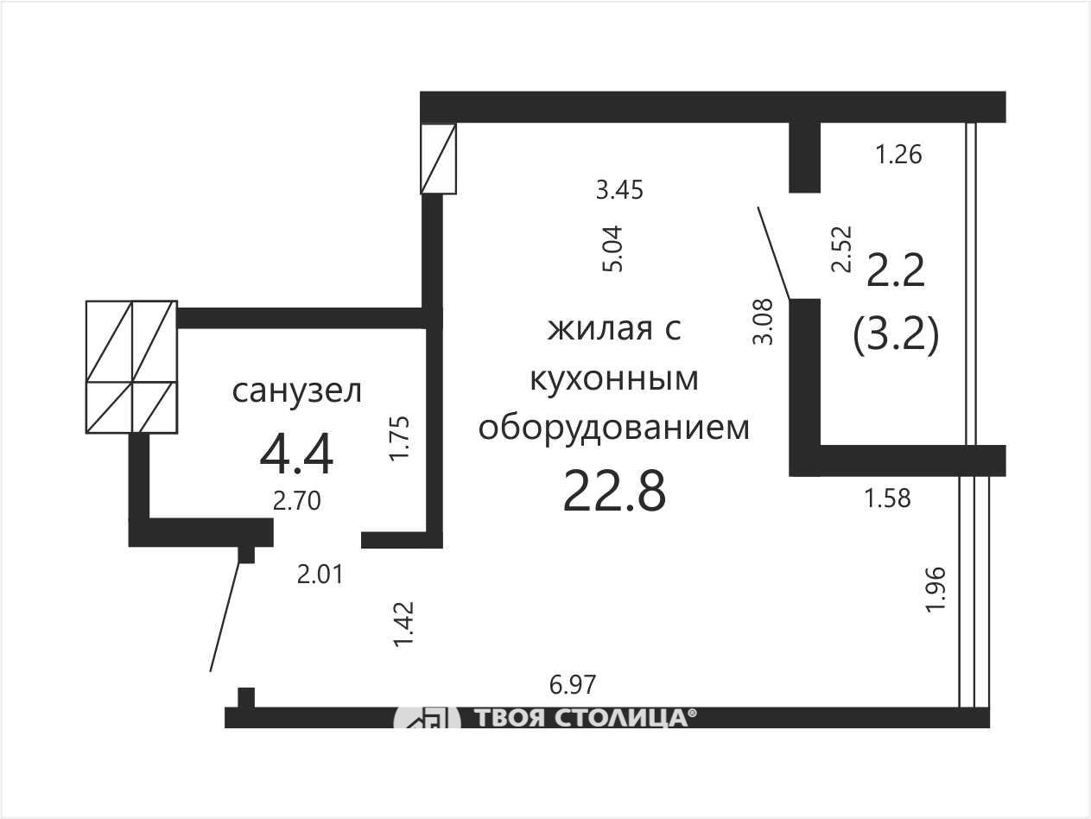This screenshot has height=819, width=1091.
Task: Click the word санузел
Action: click(x=297, y=391)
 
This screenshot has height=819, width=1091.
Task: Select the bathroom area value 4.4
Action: click(x=296, y=454)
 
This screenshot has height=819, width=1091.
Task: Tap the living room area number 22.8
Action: click(x=614, y=492)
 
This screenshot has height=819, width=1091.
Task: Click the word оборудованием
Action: click(x=614, y=429)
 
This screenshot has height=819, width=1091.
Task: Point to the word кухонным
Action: click(x=614, y=378)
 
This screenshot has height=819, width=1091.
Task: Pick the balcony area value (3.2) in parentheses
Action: click(x=896, y=335)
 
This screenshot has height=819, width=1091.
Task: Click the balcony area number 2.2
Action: click(x=896, y=270)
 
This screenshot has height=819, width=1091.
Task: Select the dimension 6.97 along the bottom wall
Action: click(x=572, y=684)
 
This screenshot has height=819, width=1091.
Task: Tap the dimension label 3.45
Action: click(x=620, y=190)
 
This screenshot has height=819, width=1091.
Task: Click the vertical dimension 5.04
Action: click(x=612, y=249)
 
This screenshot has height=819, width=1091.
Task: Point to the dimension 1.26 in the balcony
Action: click(x=898, y=154)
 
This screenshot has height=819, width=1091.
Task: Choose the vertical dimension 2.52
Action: click(x=842, y=249)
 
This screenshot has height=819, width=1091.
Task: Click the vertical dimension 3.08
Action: click(x=763, y=321)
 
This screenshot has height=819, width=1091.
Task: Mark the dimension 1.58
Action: click(x=888, y=498)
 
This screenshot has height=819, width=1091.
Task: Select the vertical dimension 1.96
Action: click(x=936, y=589)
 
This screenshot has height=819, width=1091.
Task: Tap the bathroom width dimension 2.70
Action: click(x=297, y=501)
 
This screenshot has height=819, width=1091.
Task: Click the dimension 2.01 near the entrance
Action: click(x=320, y=575)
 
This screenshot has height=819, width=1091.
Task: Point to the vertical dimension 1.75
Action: click(x=399, y=438)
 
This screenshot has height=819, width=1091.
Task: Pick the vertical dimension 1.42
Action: click(x=403, y=625)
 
